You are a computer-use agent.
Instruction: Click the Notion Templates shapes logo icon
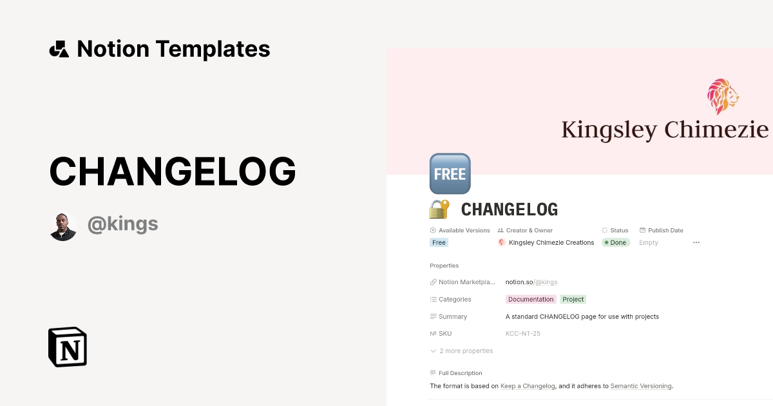click(59, 49)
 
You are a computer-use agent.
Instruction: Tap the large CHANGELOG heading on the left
click(173, 171)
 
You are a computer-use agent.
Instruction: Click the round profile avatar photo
click(63, 226)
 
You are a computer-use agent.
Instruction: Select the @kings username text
click(122, 224)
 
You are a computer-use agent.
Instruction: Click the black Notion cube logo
click(68, 347)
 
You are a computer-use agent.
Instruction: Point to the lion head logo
click(723, 97)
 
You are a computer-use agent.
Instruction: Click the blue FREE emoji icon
click(450, 174)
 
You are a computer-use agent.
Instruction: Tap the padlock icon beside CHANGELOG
click(439, 209)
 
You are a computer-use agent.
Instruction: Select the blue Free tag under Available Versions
click(439, 243)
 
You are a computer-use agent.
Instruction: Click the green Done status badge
click(615, 243)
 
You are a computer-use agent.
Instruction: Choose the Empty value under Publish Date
click(649, 243)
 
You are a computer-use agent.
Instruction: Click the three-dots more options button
click(696, 243)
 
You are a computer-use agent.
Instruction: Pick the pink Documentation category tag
click(531, 300)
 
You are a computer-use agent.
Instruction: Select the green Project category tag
click(573, 300)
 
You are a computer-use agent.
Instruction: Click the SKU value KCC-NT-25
click(522, 334)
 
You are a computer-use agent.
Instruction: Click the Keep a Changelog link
click(528, 387)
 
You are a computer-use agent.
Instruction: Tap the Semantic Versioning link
click(641, 387)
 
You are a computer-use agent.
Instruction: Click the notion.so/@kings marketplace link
click(531, 282)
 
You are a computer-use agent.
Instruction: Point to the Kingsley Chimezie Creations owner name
click(551, 243)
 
